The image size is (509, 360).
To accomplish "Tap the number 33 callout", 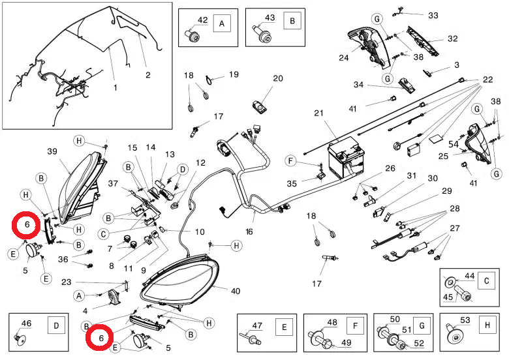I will [433, 15].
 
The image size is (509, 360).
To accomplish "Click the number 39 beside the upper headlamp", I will [52, 151].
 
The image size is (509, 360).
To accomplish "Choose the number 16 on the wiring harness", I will [249, 231].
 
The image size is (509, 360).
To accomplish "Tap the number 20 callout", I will [278, 78].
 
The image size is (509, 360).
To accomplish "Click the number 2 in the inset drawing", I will [147, 75].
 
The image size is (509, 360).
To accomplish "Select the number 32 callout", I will [452, 38].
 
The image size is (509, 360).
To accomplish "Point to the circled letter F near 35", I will [292, 161].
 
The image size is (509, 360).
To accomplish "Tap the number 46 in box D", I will [27, 323].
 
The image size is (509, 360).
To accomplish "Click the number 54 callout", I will [453, 143].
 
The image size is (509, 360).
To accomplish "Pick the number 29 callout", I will [447, 191].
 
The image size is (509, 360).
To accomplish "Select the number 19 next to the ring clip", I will [234, 74].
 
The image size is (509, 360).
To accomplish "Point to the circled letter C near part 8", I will [104, 233].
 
